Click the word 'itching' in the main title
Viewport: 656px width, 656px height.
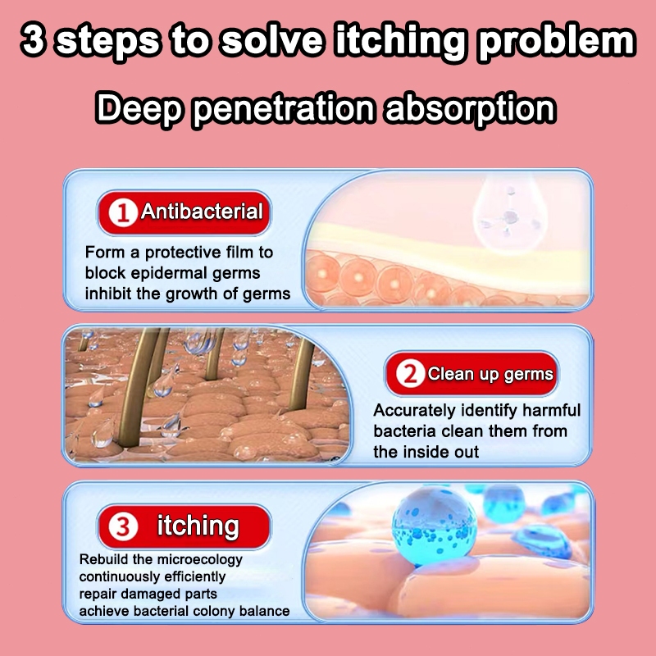[x=399, y=41]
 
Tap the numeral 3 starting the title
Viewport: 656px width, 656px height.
[x=34, y=39]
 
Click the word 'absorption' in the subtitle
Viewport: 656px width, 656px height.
[x=470, y=109]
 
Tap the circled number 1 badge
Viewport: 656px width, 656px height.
[x=123, y=212]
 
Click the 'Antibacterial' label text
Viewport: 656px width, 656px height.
[x=202, y=211]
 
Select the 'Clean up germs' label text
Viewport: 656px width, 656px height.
[x=490, y=374]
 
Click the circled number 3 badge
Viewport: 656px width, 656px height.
[x=123, y=526]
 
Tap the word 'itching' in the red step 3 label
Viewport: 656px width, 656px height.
[x=198, y=525]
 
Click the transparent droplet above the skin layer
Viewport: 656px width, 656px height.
[x=510, y=213]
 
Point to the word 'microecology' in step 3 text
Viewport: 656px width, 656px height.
[x=202, y=560]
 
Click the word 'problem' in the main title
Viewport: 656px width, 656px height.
[x=557, y=40]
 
